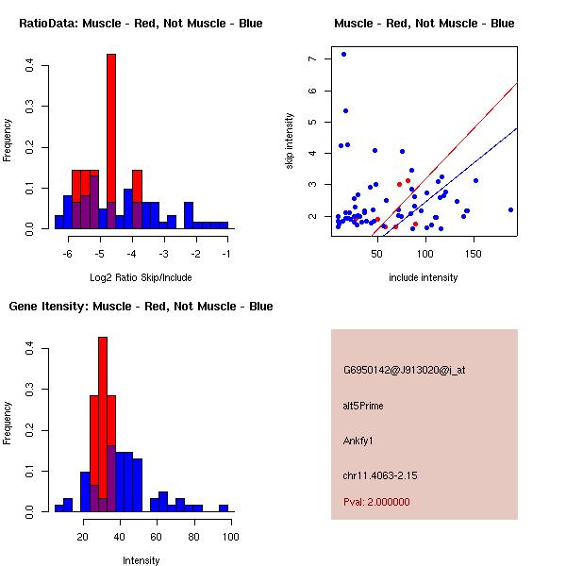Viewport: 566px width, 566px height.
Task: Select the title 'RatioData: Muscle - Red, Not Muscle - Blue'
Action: [x=141, y=23]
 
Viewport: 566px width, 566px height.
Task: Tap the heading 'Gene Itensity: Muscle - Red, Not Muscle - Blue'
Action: [x=141, y=307]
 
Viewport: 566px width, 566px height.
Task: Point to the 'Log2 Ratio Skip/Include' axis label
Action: [x=141, y=277]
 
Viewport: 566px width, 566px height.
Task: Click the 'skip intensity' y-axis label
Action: [x=289, y=141]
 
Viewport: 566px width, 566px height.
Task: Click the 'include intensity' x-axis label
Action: [x=424, y=277]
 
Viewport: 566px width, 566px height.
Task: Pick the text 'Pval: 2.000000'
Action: [x=376, y=502]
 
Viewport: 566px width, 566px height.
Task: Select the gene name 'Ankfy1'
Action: [x=358, y=441]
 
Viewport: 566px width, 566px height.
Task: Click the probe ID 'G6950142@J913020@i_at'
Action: [x=404, y=370]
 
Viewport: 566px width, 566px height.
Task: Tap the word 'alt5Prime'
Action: [x=363, y=406]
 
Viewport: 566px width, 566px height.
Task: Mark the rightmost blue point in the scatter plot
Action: [x=510, y=209]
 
